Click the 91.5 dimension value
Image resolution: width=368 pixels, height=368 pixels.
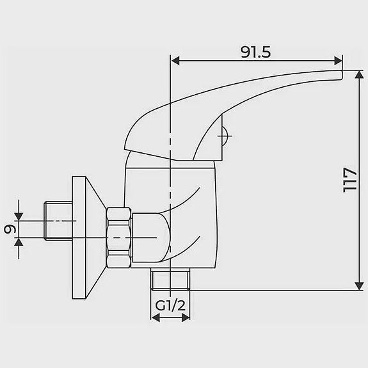click(x=255, y=52)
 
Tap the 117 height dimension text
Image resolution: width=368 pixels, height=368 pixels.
click(x=349, y=180)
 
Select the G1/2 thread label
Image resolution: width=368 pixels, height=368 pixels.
click(x=170, y=305)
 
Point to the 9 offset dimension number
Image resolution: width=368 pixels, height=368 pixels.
click(x=10, y=229)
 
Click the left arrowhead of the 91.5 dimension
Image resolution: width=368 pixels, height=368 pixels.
click(x=175, y=61)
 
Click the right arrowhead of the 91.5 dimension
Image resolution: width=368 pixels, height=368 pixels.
click(x=338, y=61)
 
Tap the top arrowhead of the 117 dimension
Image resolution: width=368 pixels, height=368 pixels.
click(x=359, y=74)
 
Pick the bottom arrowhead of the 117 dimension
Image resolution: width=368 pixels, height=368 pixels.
click(x=359, y=286)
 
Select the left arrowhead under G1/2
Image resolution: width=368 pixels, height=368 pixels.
click(x=156, y=318)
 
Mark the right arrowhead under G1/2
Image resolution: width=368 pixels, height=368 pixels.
click(x=186, y=318)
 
